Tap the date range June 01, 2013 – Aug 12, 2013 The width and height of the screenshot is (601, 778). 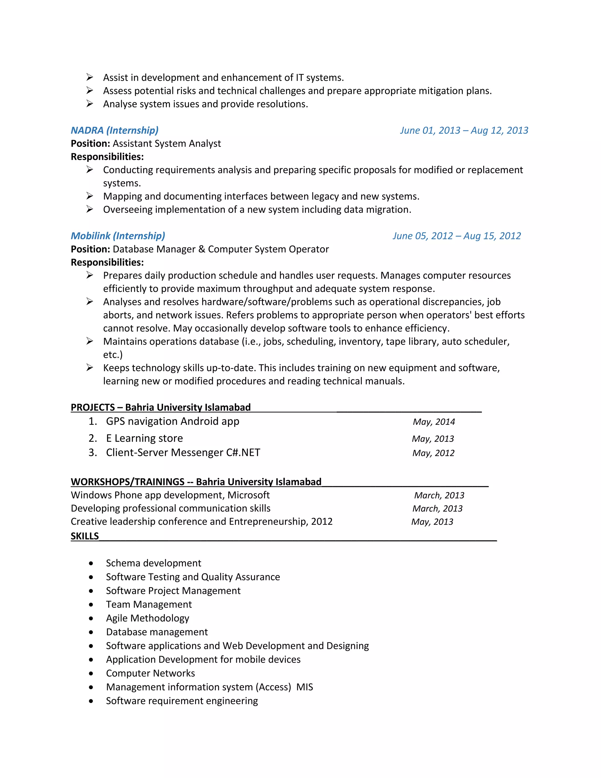pos(464,130)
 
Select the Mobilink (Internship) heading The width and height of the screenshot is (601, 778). pos(118,236)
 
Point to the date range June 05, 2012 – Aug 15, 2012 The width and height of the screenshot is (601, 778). pos(456,236)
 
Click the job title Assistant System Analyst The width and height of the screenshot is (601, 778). pos(167,144)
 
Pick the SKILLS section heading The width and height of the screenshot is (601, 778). pos(85,536)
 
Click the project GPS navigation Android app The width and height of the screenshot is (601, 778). pos(172,421)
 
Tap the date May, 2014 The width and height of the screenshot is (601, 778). pos(434,422)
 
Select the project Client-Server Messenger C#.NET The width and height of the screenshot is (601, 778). pos(183,452)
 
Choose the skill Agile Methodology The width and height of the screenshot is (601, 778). pos(147,618)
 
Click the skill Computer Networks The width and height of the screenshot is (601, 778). pos(150,673)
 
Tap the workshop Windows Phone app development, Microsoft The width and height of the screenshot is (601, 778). pos(170,495)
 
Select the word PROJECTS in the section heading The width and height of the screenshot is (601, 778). pos(92,407)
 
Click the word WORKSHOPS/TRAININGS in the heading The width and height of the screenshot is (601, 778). pos(127,482)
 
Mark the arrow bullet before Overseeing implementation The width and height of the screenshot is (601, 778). pos(90,209)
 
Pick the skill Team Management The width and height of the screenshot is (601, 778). pos(148,604)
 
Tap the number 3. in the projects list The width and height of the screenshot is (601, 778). pos(92,452)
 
